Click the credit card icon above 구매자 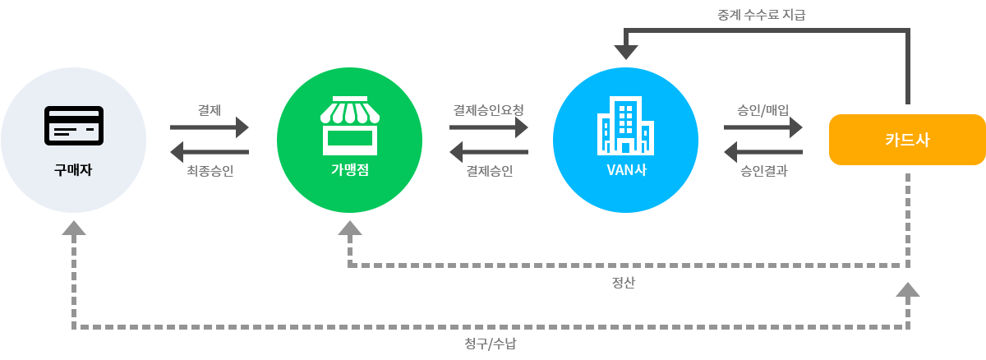[x=73, y=126]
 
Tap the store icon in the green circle [x=349, y=125]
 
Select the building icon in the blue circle [x=625, y=125]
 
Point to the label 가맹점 [x=349, y=171]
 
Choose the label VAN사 [x=625, y=171]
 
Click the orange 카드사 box [x=907, y=140]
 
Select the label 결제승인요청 [x=488, y=109]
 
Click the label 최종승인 [x=210, y=171]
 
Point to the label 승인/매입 [x=763, y=109]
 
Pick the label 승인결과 [x=764, y=171]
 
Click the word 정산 [x=624, y=284]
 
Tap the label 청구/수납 [x=490, y=344]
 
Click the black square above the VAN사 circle [x=625, y=44]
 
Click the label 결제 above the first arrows [x=209, y=109]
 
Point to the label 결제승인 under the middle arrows [x=489, y=171]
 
